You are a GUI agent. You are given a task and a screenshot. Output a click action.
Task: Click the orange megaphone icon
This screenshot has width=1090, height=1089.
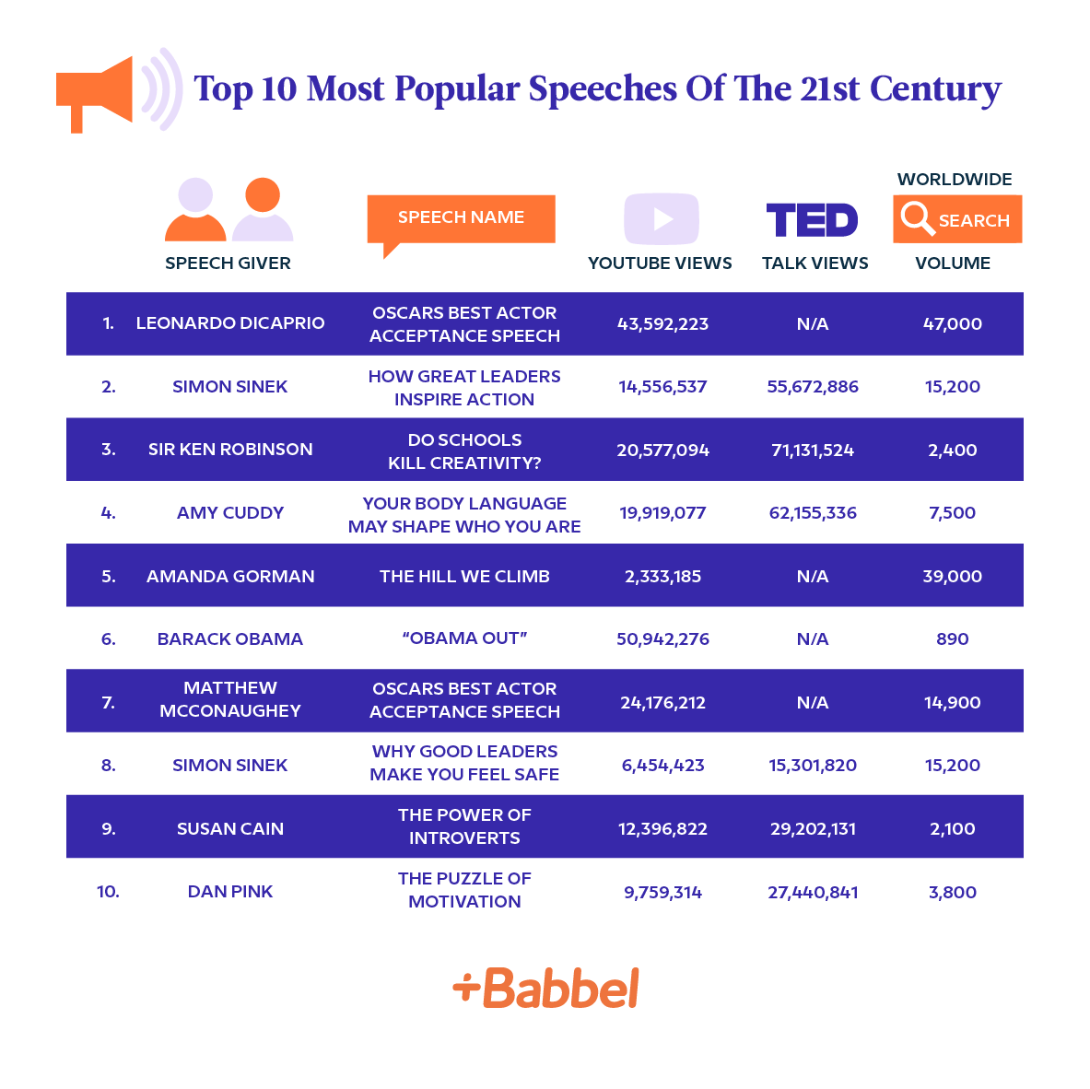(x=96, y=93)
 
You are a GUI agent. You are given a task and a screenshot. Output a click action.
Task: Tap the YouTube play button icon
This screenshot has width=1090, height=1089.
(x=662, y=218)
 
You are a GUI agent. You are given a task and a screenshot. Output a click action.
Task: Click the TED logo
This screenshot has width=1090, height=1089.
(x=812, y=220)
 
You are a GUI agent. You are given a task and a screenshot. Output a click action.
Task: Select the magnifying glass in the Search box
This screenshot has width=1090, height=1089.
(x=918, y=219)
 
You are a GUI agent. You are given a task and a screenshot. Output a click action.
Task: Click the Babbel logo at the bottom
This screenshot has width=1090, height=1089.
(x=545, y=988)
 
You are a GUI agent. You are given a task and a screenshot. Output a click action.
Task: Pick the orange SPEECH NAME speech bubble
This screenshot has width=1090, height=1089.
(x=461, y=219)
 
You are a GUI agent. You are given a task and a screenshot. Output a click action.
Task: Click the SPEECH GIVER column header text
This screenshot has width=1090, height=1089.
(x=228, y=263)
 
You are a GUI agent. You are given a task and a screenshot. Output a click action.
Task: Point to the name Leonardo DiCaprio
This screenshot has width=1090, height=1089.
(x=230, y=323)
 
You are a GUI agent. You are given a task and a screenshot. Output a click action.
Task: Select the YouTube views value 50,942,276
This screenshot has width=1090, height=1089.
(x=662, y=639)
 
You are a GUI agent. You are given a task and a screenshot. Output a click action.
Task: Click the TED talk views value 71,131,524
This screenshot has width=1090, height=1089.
(x=813, y=451)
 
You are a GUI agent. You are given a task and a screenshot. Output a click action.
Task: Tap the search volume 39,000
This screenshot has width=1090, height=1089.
(x=952, y=577)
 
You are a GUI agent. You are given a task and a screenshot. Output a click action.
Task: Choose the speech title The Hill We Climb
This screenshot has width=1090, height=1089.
(x=464, y=577)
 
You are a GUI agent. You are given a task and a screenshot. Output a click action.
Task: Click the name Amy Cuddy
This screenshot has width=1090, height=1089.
(x=230, y=513)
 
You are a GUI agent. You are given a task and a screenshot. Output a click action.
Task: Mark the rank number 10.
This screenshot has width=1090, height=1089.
(x=108, y=892)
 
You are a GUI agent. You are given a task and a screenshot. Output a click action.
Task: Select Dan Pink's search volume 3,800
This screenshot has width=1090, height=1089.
(x=952, y=893)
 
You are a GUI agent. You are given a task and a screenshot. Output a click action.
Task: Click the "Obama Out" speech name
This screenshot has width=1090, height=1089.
(x=464, y=638)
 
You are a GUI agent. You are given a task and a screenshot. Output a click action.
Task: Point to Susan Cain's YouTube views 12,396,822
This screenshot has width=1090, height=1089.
(x=662, y=829)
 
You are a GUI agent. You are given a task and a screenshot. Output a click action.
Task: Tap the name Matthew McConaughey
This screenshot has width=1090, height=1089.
(x=230, y=699)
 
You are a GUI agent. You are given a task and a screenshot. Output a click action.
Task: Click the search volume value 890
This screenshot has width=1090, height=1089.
(x=952, y=639)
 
